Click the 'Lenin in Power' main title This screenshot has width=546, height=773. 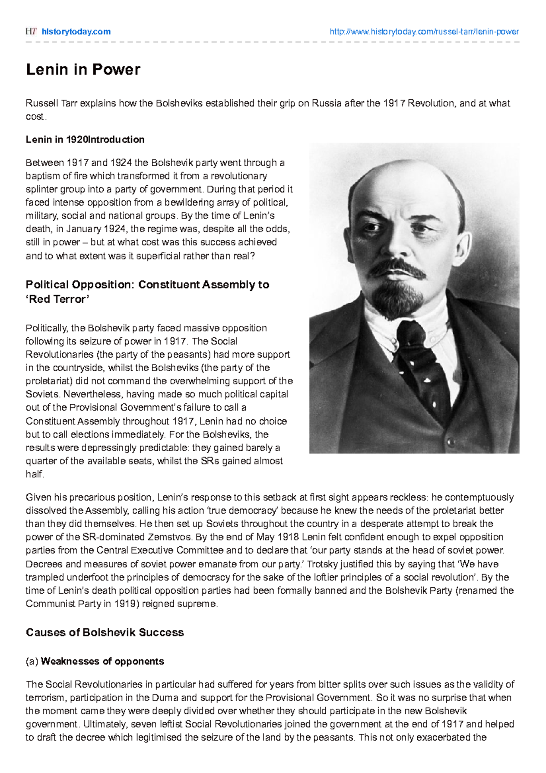point(83,70)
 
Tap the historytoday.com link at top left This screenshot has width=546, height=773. point(76,31)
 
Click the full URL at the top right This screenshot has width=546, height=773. point(424,31)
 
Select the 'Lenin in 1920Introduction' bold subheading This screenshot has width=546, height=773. point(85,140)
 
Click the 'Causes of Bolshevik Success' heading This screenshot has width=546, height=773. point(105,632)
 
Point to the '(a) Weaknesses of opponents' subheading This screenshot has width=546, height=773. point(95,661)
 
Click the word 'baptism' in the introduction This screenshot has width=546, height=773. point(43,176)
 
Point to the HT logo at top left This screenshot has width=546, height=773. point(31,31)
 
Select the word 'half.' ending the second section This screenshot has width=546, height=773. point(35,474)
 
